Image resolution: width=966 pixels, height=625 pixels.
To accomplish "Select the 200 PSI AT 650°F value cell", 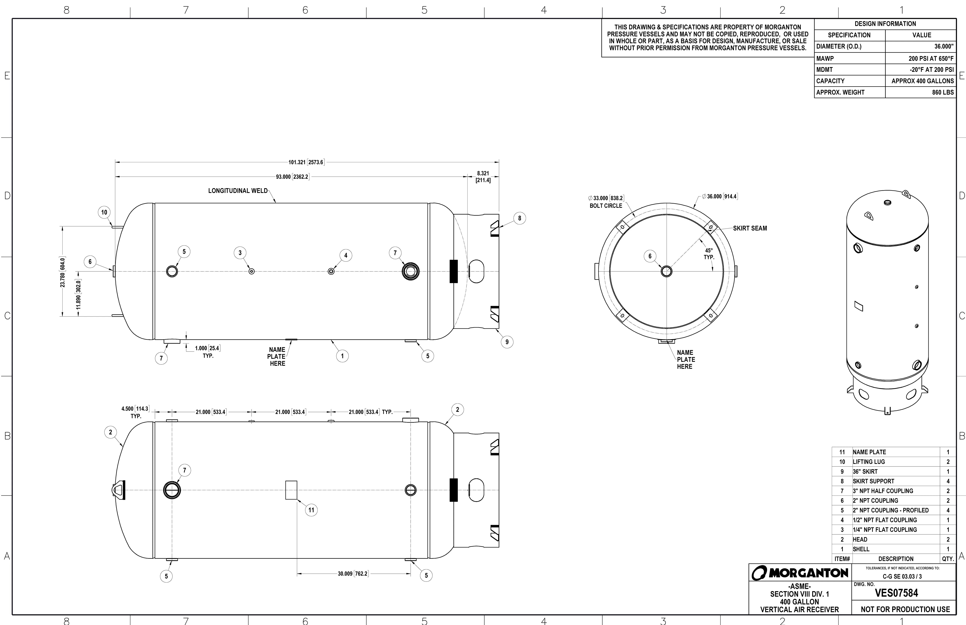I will (x=931, y=58).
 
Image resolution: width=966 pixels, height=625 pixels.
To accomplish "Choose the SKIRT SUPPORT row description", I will (x=873, y=481).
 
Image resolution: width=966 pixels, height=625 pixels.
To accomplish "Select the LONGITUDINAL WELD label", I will (x=238, y=191).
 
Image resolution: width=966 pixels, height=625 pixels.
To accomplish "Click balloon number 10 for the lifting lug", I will (x=104, y=212).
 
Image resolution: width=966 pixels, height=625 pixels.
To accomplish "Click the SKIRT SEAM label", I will (x=750, y=229).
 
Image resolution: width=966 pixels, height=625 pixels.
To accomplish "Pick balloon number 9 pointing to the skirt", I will (x=507, y=342).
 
